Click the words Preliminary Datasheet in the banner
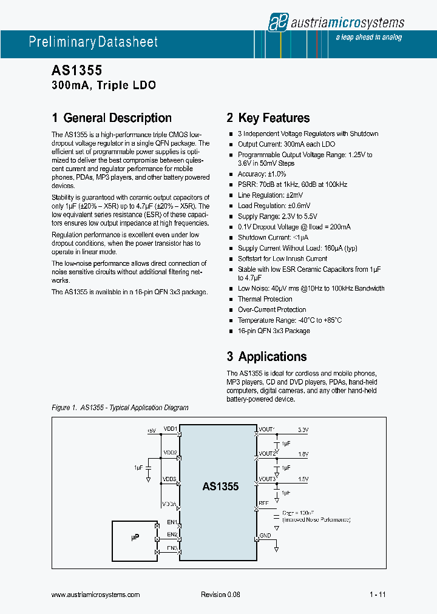[x=93, y=42]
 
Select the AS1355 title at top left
[x=72, y=71]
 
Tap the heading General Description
[x=112, y=118]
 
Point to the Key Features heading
[x=268, y=118]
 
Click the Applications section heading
[x=266, y=357]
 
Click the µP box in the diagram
[x=134, y=538]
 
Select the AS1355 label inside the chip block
[x=220, y=487]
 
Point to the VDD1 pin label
[x=170, y=429]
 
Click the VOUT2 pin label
[x=267, y=453]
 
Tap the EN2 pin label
[x=172, y=535]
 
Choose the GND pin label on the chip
[x=265, y=536]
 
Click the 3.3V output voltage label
[x=303, y=430]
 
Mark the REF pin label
[x=263, y=503]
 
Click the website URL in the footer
[x=96, y=595]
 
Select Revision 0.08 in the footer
[x=220, y=595]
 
